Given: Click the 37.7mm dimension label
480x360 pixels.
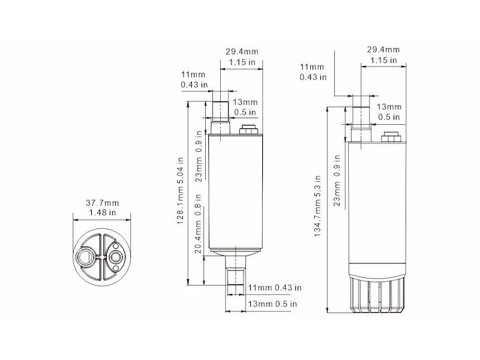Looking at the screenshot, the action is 102,203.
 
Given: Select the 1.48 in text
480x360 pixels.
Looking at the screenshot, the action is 102,212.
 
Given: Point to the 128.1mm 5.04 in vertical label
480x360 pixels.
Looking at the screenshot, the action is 181,191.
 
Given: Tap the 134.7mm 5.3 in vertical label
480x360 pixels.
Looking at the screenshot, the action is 317,206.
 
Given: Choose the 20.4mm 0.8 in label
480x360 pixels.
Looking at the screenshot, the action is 198,224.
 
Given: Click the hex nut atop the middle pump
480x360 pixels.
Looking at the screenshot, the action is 248,130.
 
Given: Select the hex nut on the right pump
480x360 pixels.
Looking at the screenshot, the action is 391,137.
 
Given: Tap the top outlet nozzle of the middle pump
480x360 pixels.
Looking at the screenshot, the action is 220,118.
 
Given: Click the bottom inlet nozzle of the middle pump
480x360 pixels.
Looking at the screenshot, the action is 235,271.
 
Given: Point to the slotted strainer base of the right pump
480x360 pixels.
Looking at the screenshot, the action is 377,293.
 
